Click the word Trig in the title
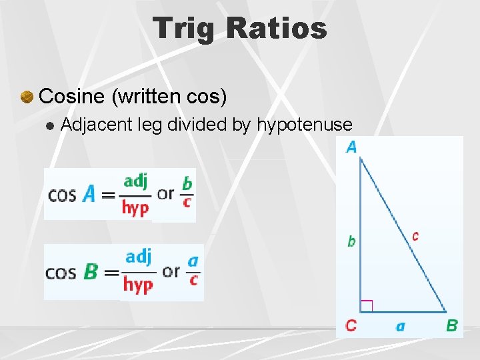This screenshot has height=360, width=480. [x=185, y=28]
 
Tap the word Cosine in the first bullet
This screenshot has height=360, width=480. [x=72, y=96]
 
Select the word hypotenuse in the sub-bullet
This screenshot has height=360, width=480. [x=305, y=124]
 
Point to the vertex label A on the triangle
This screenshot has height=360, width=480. [x=351, y=147]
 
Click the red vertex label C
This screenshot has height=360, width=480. [x=351, y=325]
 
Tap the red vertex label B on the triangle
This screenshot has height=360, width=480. [x=451, y=325]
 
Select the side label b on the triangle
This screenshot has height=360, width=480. [x=351, y=241]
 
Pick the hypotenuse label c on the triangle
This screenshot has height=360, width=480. [x=415, y=235]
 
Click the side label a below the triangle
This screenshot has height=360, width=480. [x=400, y=326]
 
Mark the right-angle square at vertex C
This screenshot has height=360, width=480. [x=366, y=306]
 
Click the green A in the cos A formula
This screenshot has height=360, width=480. [x=89, y=193]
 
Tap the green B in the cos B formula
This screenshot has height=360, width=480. [x=91, y=272]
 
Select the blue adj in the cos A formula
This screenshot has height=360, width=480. [x=135, y=181]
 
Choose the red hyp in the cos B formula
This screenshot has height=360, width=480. [x=138, y=285]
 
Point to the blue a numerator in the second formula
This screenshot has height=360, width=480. [x=193, y=261]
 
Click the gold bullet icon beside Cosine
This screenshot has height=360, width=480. [x=27, y=97]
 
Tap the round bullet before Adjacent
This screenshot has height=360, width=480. [x=49, y=125]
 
